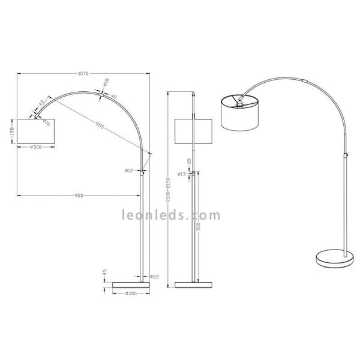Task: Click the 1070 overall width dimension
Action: pyautogui.click(x=83, y=74)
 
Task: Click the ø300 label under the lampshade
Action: pyautogui.click(x=36, y=147)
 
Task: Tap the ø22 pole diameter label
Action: pyautogui.click(x=154, y=276)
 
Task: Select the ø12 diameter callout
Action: pyautogui.click(x=129, y=171)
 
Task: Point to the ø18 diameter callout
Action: pyautogui.click(x=106, y=80)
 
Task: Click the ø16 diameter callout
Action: pyautogui.click(x=47, y=123)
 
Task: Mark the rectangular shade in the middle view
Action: pyautogui.click(x=193, y=131)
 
